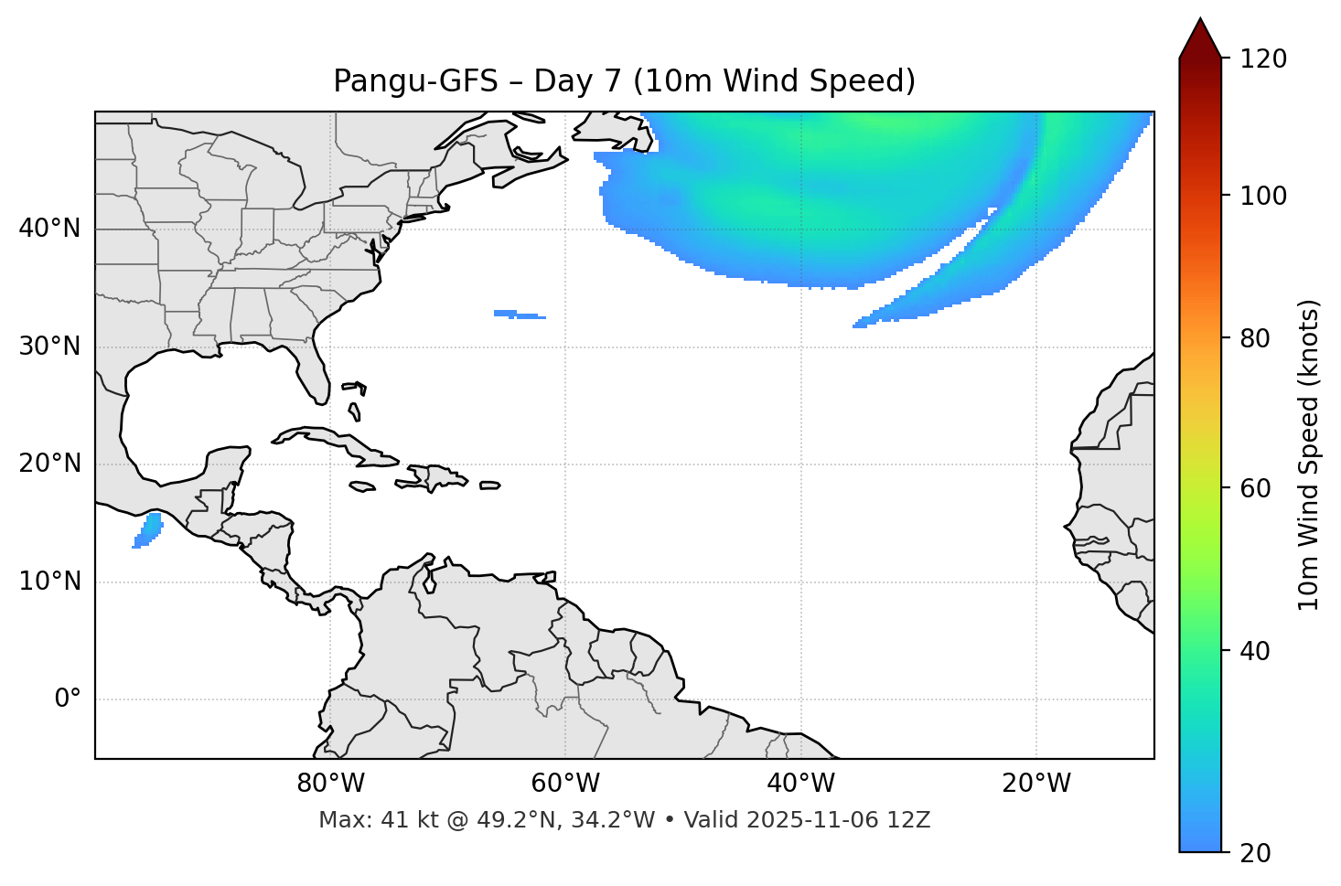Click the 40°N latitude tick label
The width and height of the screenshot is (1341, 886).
tap(49, 229)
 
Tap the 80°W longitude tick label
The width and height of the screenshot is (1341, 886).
tap(330, 784)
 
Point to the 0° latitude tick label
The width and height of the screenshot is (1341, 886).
tap(67, 699)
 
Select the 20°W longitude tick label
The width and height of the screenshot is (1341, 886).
tap(1036, 784)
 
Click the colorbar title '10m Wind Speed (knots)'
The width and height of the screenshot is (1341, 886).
tap(1309, 454)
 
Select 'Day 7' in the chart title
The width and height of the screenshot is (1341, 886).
tap(576, 81)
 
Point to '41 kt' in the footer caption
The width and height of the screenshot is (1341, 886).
tap(405, 820)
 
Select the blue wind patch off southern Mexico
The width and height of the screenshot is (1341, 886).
tap(148, 530)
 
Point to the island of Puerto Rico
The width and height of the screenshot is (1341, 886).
tap(490, 486)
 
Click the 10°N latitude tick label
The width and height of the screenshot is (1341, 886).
tap(49, 582)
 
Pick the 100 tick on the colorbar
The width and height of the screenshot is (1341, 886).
tap(1265, 196)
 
